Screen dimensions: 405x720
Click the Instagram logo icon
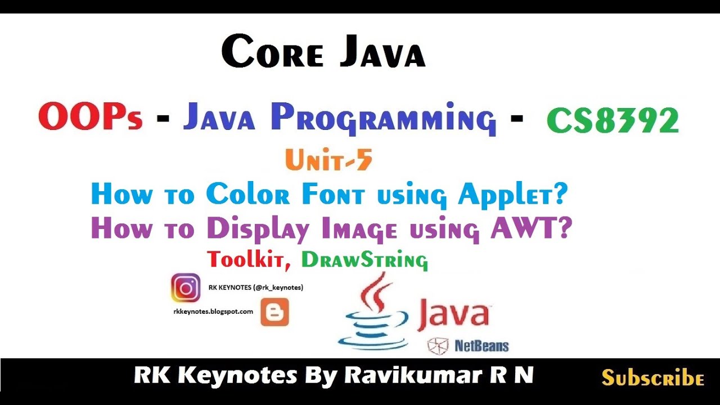(x=185, y=287)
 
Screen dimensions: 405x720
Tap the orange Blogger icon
(x=274, y=312)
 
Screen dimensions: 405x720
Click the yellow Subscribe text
(x=652, y=377)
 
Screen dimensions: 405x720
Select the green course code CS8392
(x=613, y=120)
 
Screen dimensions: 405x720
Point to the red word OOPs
(x=90, y=118)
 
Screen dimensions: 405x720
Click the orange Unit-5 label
(x=328, y=161)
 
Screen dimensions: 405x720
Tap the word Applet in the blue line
(x=512, y=195)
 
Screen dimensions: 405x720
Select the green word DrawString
(x=364, y=260)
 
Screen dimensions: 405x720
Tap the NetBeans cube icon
(x=438, y=346)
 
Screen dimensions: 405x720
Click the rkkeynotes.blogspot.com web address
(x=213, y=311)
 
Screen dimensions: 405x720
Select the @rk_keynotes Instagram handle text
(x=279, y=287)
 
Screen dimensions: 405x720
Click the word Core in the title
(x=273, y=52)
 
